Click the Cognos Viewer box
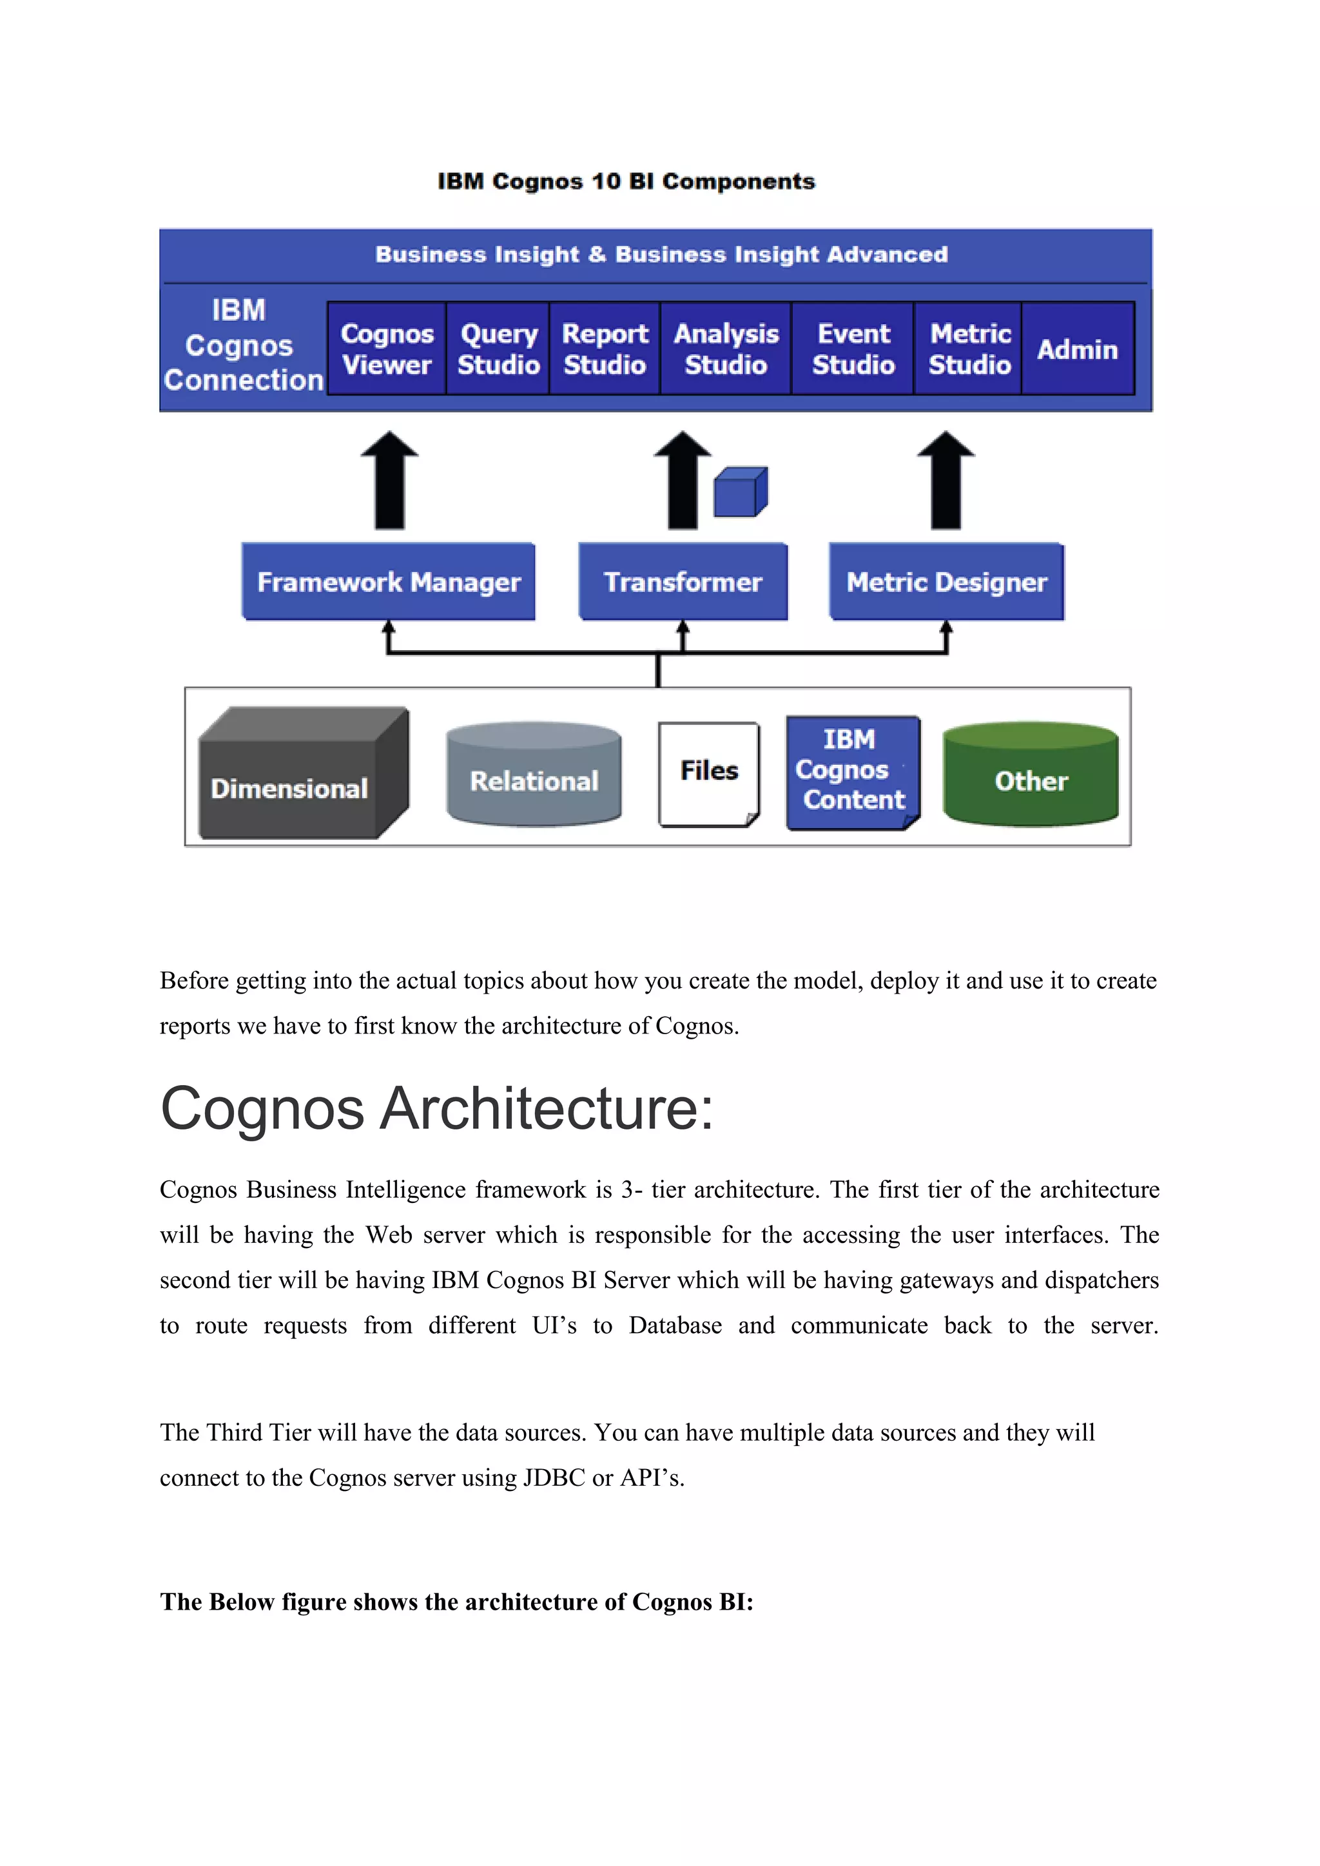click(x=387, y=349)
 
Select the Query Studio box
click(x=498, y=349)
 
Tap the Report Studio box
click(x=605, y=349)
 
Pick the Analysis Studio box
click(x=726, y=349)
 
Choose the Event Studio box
click(x=853, y=349)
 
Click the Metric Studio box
click(x=969, y=349)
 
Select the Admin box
click(x=1077, y=349)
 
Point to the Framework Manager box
click(x=389, y=582)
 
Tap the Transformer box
click(x=683, y=582)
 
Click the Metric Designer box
click(x=946, y=582)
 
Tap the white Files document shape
click(x=709, y=774)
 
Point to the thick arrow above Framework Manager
click(x=389, y=481)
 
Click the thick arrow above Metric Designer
click(x=946, y=481)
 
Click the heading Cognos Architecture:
click(x=436, y=1108)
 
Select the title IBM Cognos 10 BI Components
click(x=626, y=181)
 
